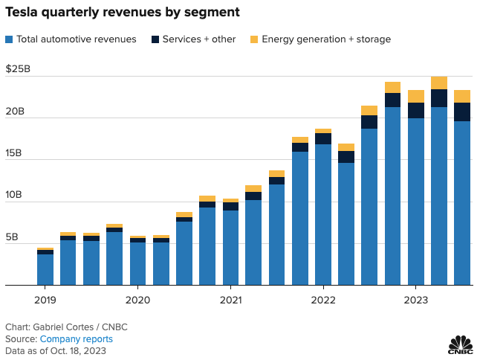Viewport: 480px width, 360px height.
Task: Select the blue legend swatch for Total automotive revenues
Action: tap(9, 39)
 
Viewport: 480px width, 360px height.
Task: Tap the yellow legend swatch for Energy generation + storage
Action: tap(254, 39)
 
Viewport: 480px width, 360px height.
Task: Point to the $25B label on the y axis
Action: tap(18, 69)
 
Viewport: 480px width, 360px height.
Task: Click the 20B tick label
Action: tap(16, 112)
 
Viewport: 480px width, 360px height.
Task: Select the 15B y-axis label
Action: tap(16, 153)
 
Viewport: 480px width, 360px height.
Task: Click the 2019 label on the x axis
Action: tap(45, 300)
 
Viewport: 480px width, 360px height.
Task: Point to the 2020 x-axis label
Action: tap(137, 300)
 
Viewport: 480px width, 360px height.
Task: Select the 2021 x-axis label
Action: tap(230, 300)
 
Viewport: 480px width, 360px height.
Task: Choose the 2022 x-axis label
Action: tap(323, 300)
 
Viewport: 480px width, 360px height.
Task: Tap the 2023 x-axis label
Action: tap(415, 300)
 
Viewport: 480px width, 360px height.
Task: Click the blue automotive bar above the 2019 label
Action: tap(45, 269)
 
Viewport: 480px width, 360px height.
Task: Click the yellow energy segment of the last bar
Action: tap(462, 96)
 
